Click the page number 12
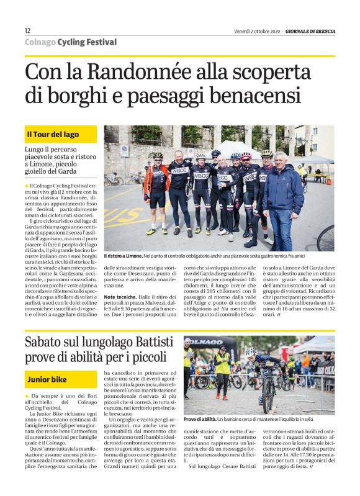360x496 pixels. [x=27, y=30]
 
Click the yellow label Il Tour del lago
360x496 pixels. [x=52, y=135]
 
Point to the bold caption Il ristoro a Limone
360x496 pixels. [x=123, y=256]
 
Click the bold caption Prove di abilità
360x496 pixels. [x=199, y=420]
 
